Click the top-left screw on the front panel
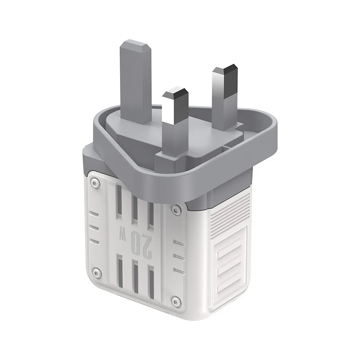pyautogui.click(x=94, y=182)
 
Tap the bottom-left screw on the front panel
pyautogui.click(x=95, y=272)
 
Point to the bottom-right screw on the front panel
pyautogui.click(x=176, y=301)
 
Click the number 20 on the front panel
pyautogui.click(x=139, y=243)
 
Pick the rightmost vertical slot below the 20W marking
pyautogui.click(x=151, y=283)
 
